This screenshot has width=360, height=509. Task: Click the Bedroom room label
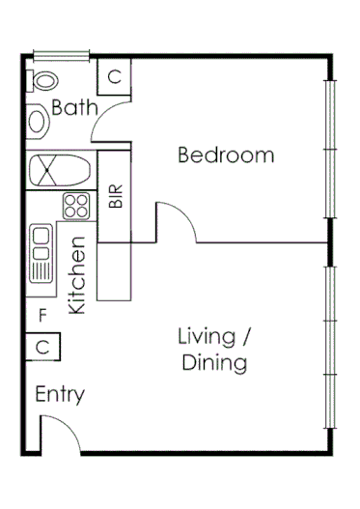tap(226, 155)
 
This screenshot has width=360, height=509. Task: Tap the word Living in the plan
tap(207, 337)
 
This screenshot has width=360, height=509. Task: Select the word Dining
tap(213, 363)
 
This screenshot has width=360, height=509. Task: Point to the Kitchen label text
tap(78, 275)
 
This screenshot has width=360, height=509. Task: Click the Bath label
tap(74, 107)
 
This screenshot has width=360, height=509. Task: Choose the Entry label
tap(60, 394)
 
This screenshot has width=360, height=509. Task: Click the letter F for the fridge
tap(42, 315)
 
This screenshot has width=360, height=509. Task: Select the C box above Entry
tap(42, 346)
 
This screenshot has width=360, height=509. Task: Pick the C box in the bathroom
tap(114, 76)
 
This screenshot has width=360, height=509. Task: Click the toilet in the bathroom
tap(42, 79)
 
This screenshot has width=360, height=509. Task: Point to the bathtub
tap(60, 172)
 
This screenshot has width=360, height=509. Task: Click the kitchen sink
tap(41, 253)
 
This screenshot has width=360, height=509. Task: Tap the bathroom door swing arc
tap(114, 126)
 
